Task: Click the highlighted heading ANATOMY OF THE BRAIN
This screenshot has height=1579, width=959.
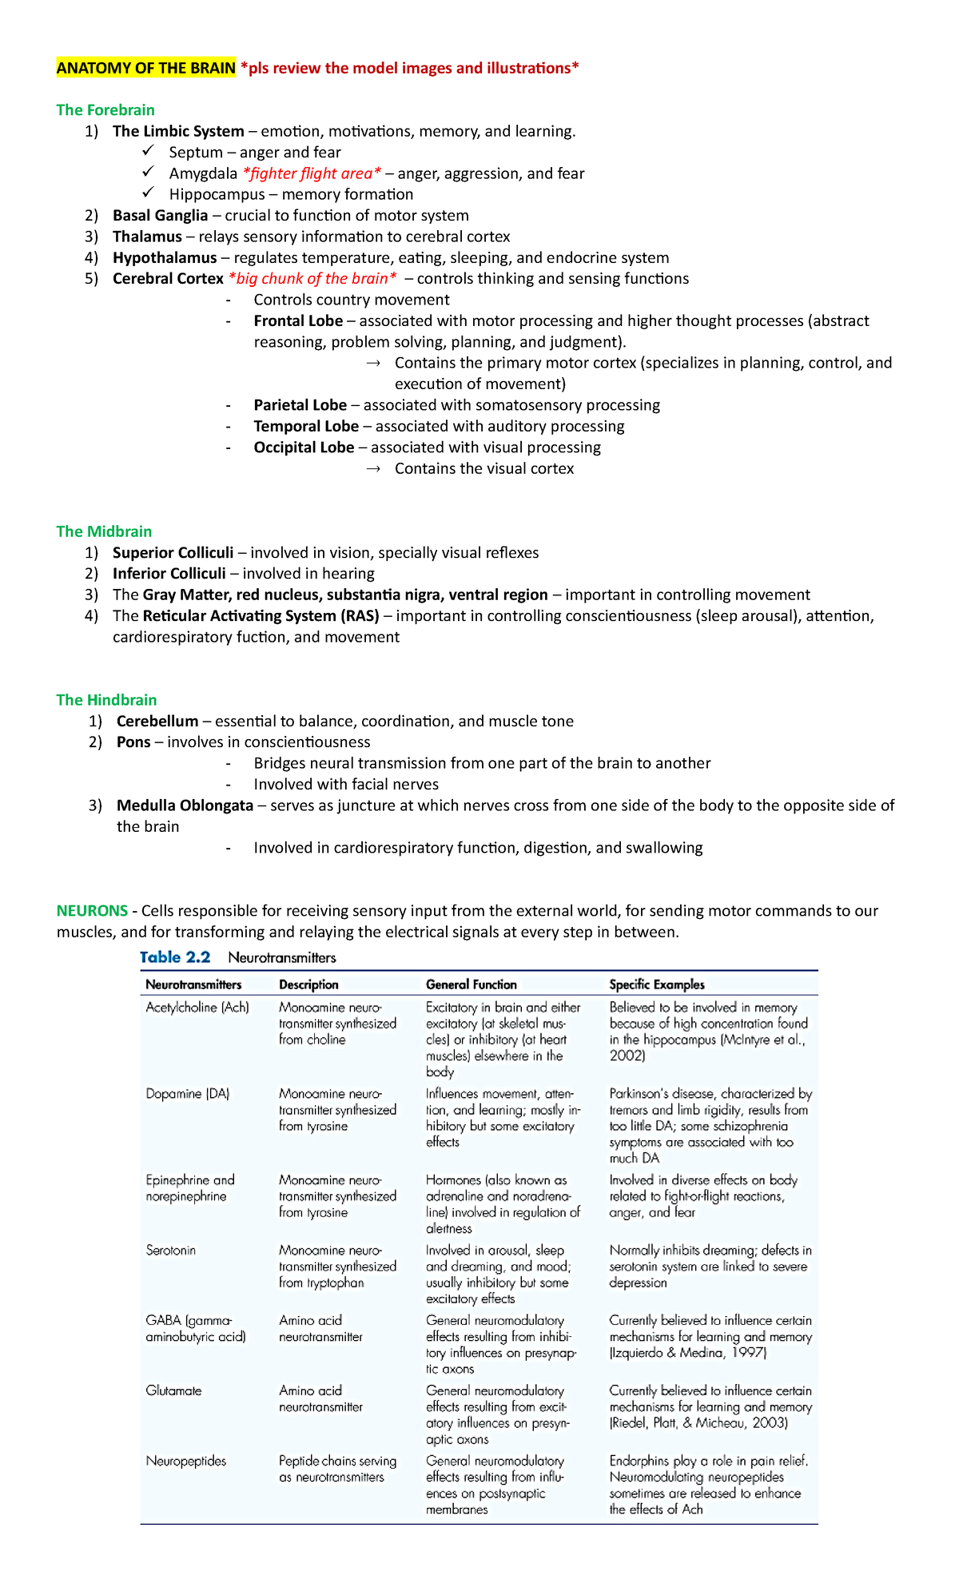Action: tap(145, 68)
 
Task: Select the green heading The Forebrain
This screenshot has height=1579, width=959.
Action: tap(105, 110)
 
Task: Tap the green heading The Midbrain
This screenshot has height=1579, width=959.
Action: tap(104, 531)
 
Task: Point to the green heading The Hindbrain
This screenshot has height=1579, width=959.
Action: tap(106, 700)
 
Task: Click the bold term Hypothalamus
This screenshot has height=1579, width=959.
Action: tap(165, 258)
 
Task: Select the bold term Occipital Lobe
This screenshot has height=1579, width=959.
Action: tap(304, 447)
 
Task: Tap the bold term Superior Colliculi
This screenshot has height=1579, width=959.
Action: tap(173, 553)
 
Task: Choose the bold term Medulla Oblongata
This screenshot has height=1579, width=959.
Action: tap(185, 805)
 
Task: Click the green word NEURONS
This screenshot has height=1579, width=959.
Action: tap(92, 911)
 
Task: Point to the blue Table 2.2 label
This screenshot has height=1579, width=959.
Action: tap(175, 957)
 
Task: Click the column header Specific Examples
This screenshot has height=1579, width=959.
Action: tap(657, 984)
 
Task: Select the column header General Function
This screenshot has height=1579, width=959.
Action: tap(472, 984)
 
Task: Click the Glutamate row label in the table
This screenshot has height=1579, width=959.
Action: tap(174, 1391)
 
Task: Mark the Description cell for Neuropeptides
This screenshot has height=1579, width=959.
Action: tap(332, 1470)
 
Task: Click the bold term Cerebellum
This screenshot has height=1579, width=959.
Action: tap(157, 722)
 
